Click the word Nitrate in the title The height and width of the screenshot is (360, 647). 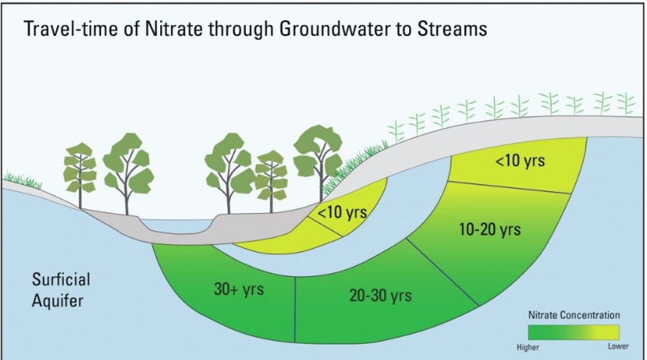click(182, 30)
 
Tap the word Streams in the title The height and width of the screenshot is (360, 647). click(445, 30)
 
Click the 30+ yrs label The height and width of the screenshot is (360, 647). click(239, 289)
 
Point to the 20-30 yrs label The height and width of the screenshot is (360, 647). click(379, 295)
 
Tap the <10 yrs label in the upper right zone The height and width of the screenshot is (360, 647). click(519, 162)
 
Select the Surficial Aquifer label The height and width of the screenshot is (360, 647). click(61, 288)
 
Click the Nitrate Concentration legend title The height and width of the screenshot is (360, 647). click(574, 315)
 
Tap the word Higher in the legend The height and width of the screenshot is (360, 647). click(528, 346)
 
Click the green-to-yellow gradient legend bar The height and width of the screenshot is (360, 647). click(574, 331)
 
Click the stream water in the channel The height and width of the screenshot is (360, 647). click(179, 226)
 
